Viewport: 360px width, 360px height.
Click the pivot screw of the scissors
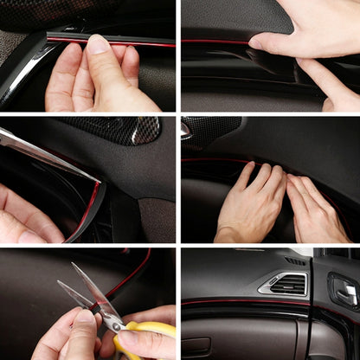coord(112,322)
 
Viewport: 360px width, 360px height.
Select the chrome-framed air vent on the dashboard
coord(282,284)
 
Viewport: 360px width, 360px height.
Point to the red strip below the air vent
coord(251,302)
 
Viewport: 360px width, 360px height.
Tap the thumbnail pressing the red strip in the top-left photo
coord(99,45)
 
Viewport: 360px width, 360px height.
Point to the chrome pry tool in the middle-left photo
coord(43,147)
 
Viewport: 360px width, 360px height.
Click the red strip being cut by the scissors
coord(130,277)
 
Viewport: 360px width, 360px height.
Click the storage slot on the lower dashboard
coord(196,346)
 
